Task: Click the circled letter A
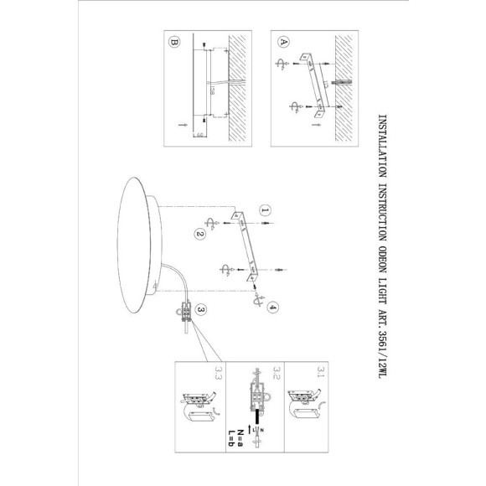click(282, 41)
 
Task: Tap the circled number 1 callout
click(265, 211)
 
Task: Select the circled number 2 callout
click(200, 235)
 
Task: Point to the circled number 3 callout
click(201, 310)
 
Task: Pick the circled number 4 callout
click(273, 308)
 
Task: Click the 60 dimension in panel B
click(195, 134)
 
